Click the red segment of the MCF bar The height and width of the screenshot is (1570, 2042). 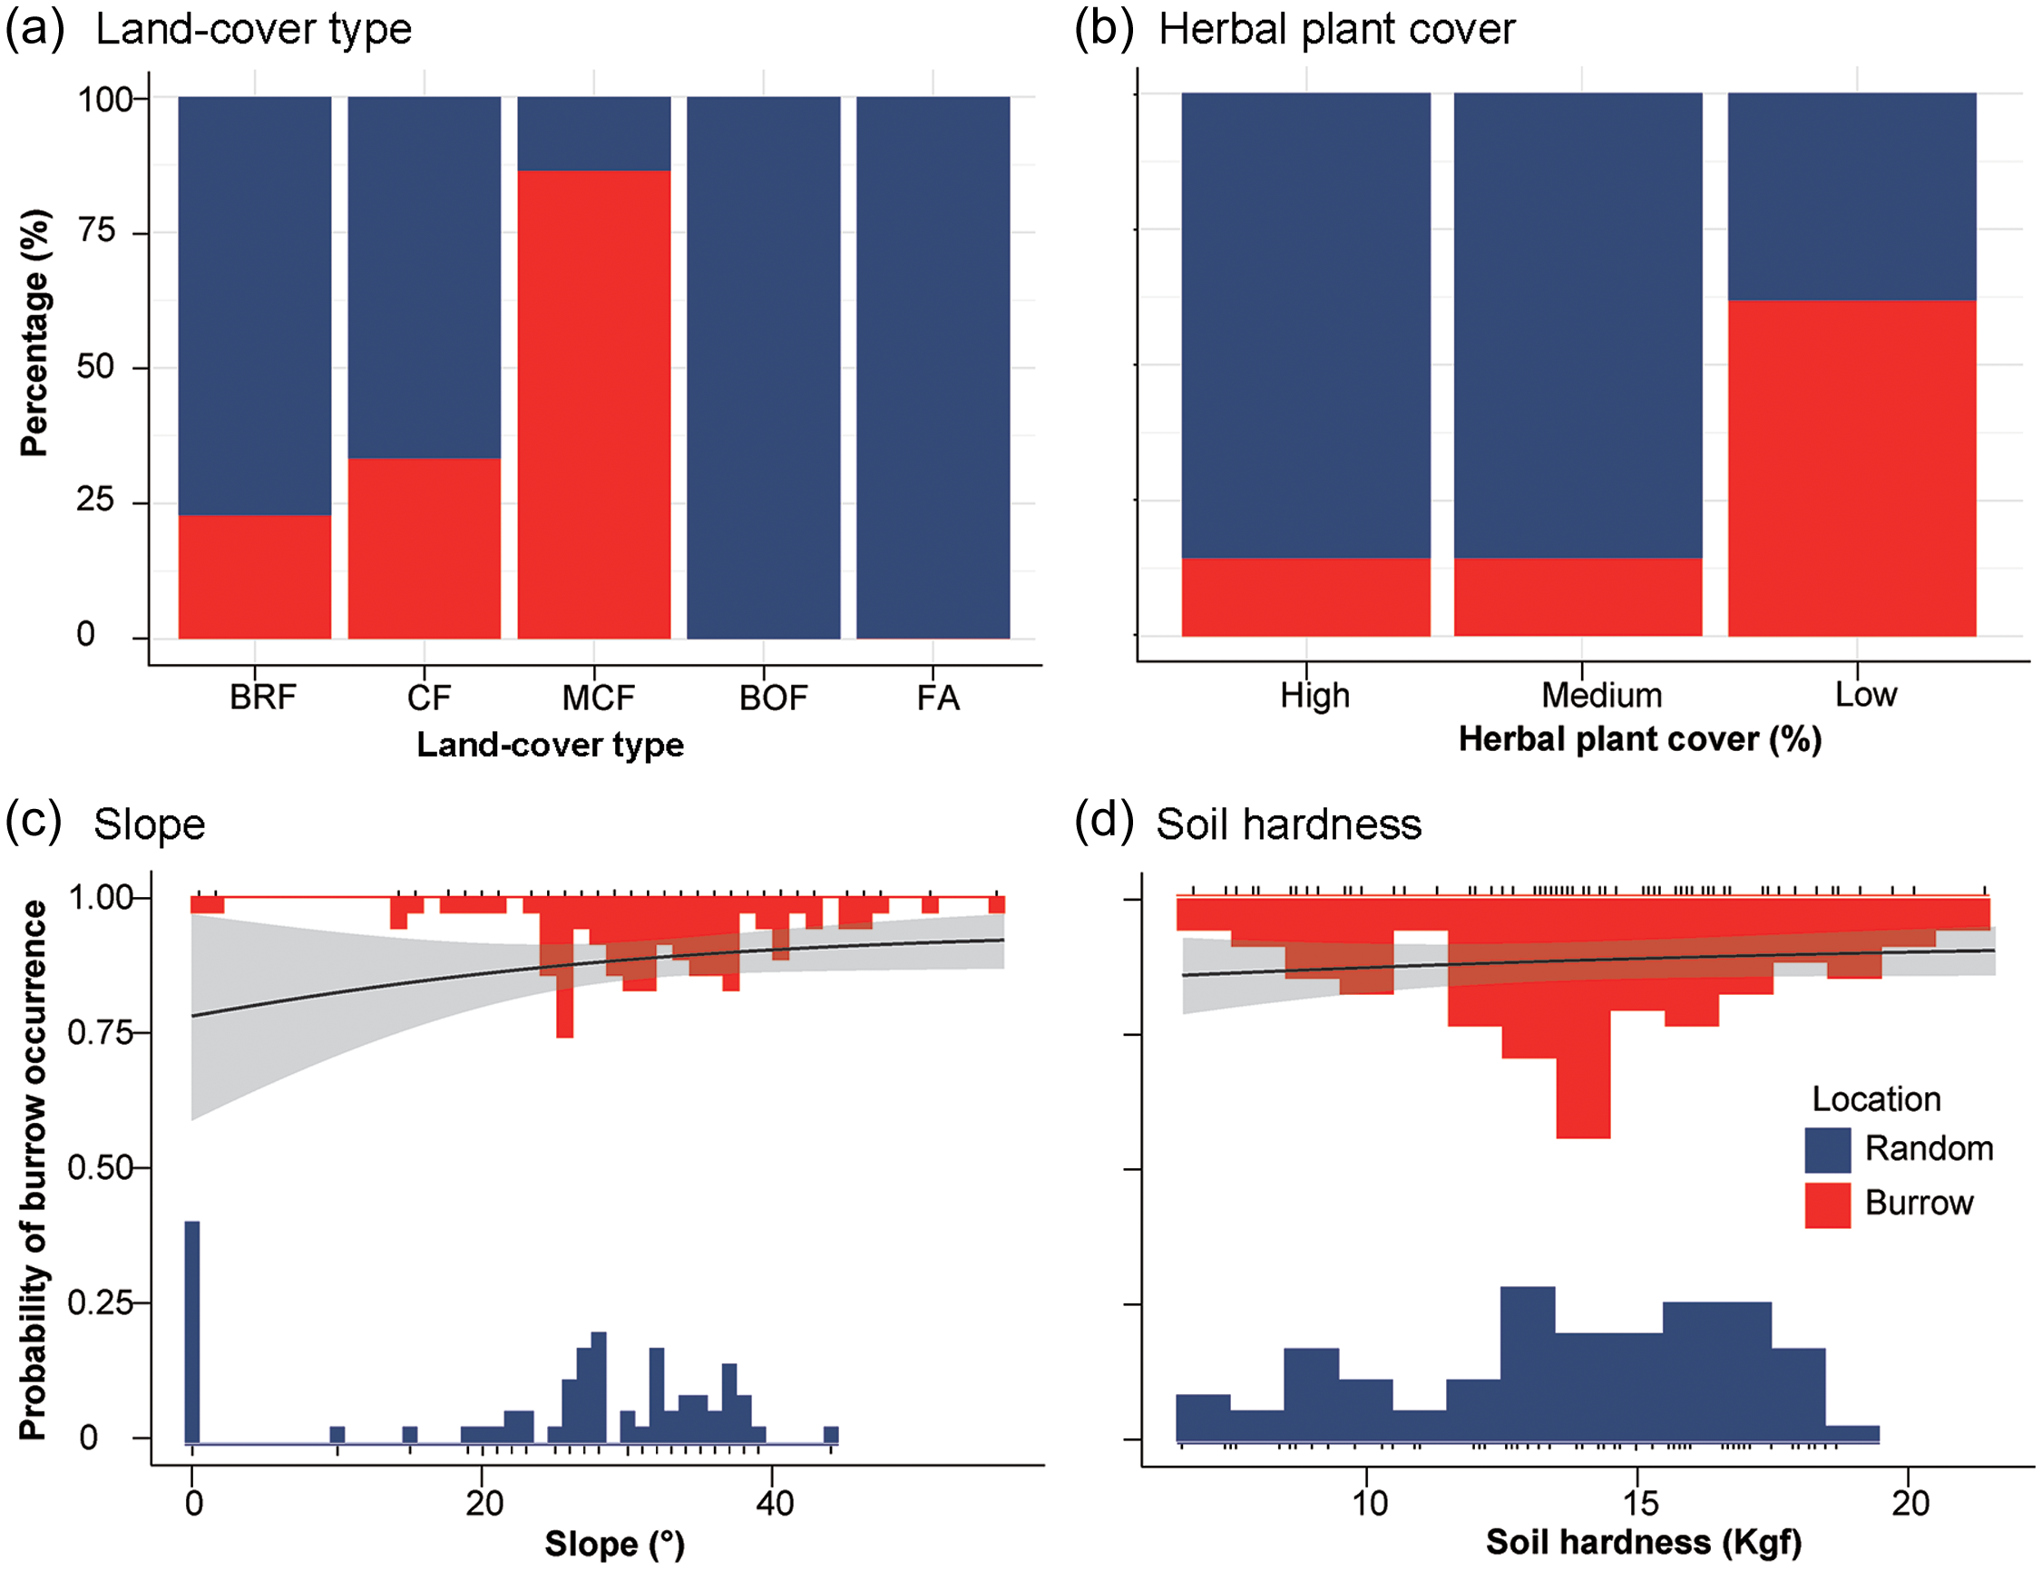593,404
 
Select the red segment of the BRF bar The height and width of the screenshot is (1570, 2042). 254,576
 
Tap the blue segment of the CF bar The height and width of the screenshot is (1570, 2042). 425,277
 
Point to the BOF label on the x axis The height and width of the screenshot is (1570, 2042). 773,698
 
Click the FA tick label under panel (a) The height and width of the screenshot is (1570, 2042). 937,698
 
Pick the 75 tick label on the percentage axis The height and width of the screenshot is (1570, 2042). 97,230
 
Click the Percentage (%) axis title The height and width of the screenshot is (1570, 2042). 34,333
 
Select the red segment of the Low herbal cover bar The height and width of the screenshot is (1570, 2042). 1851,467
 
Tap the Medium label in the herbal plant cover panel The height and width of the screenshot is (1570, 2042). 1601,696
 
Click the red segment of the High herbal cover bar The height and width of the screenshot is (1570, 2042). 1305,596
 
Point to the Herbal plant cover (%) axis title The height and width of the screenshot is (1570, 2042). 1640,739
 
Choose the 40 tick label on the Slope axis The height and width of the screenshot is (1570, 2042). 775,1504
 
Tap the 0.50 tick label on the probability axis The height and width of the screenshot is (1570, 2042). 100,1167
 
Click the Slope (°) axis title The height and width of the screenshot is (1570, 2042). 615,1544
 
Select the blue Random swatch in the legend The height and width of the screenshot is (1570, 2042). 1827,1149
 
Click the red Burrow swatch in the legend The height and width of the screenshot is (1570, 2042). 1827,1204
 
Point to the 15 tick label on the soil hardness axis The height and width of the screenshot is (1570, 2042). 1640,1504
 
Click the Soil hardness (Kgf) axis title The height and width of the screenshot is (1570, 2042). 1643,1542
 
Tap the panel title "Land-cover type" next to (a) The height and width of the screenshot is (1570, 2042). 253,29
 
